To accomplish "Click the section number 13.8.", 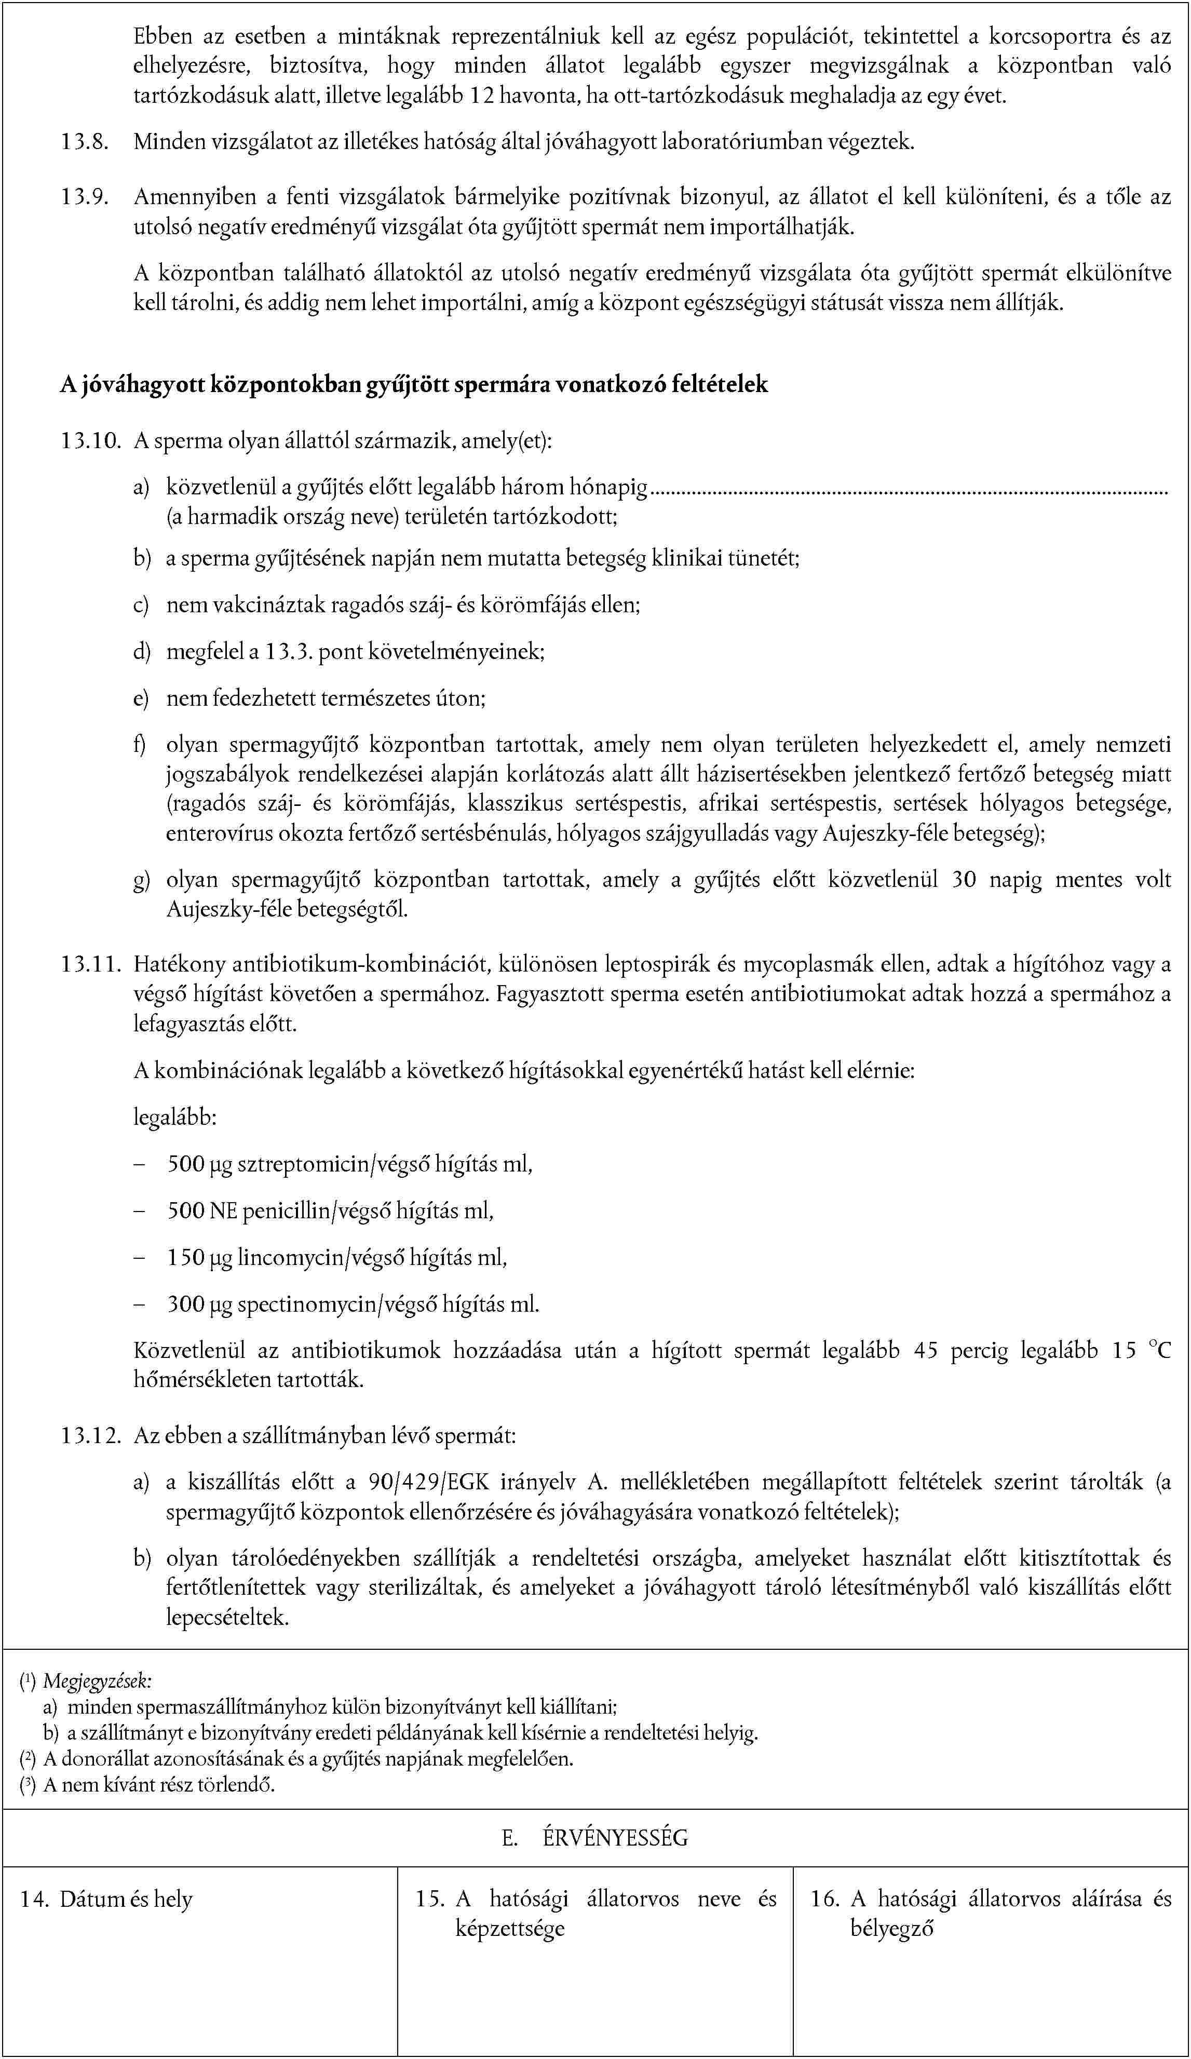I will (x=84, y=142).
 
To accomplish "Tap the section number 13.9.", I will (x=84, y=197).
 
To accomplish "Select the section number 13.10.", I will (x=90, y=441).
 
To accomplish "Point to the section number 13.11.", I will (x=90, y=965).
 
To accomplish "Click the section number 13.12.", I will (x=90, y=1435).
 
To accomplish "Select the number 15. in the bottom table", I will (x=429, y=1900).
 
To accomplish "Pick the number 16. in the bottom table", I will (x=824, y=1900).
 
